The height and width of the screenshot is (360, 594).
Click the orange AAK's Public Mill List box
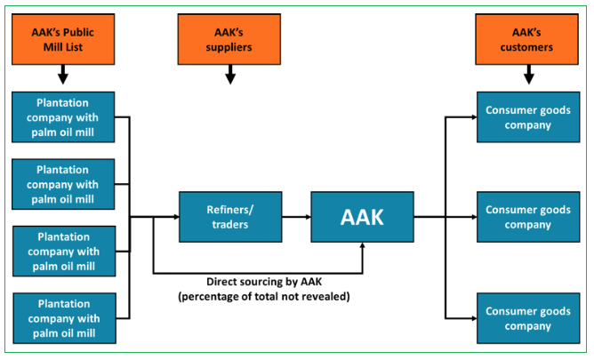[63, 39]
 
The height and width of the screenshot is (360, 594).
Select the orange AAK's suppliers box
[230, 39]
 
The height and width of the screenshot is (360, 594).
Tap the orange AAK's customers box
[528, 39]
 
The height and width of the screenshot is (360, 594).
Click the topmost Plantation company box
[63, 116]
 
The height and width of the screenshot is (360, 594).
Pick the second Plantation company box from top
[63, 183]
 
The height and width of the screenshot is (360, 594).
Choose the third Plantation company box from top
[63, 251]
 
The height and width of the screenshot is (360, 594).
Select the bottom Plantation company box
[63, 317]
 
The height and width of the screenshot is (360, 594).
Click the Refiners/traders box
[230, 216]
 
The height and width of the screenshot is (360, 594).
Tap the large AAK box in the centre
[363, 216]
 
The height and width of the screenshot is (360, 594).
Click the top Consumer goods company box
[530, 116]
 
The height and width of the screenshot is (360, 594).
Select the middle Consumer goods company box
[530, 216]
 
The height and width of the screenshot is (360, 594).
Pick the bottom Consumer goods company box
[530, 317]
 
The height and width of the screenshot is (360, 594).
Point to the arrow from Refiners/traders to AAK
[296, 216]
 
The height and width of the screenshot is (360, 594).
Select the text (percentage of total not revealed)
[263, 295]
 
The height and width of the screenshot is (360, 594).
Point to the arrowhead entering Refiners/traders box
[173, 216]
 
